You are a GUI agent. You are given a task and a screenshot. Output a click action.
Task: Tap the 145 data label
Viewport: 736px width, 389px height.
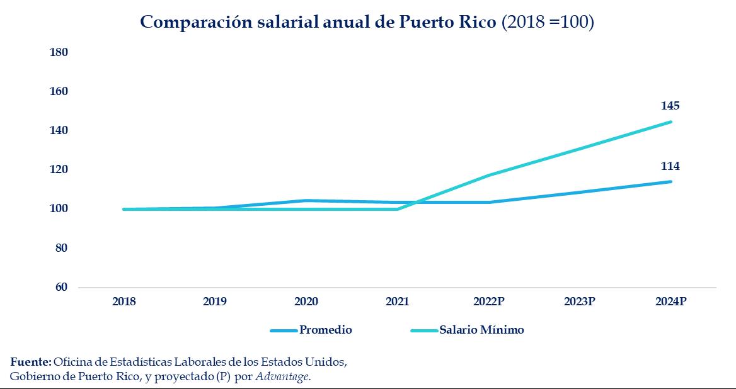pyautogui.click(x=670, y=106)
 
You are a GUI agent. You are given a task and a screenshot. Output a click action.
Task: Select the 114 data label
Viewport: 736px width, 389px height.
pyautogui.click(x=670, y=166)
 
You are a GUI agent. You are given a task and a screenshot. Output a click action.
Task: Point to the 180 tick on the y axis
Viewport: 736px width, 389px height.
pyautogui.click(x=59, y=52)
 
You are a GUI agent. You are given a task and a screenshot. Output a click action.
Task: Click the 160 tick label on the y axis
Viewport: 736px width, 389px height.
pyautogui.click(x=59, y=91)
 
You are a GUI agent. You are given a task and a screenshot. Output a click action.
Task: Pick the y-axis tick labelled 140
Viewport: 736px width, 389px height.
pyautogui.click(x=59, y=130)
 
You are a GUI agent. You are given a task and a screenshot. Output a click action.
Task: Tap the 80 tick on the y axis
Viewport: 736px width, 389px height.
pyautogui.click(x=60, y=248)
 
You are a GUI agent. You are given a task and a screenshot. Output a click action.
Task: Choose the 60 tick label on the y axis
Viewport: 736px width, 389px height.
pyautogui.click(x=60, y=287)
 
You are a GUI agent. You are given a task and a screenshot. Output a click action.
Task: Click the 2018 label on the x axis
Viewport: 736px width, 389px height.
pyautogui.click(x=124, y=302)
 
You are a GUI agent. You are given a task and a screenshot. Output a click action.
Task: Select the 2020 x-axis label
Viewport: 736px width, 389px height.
pyautogui.click(x=306, y=302)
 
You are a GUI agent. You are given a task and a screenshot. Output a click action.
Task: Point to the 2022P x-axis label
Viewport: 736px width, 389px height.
pyautogui.click(x=489, y=302)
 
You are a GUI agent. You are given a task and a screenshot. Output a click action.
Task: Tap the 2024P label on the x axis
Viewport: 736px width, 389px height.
pyautogui.click(x=670, y=302)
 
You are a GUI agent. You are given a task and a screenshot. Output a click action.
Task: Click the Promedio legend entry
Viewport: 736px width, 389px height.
pyautogui.click(x=325, y=330)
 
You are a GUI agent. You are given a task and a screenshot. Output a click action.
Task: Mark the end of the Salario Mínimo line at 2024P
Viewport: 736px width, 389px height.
pyautogui.click(x=670, y=122)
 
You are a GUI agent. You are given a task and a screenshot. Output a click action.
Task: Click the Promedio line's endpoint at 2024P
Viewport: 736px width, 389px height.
pyautogui.click(x=670, y=182)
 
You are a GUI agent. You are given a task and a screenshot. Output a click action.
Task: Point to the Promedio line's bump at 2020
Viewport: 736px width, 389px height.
pyautogui.click(x=306, y=201)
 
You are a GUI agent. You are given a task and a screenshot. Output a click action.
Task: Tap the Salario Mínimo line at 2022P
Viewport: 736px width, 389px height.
pyautogui.click(x=489, y=175)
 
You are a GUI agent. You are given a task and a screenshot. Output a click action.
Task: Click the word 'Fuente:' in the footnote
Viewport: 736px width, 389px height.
pyautogui.click(x=31, y=363)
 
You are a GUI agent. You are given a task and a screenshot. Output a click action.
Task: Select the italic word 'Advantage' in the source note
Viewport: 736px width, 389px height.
pyautogui.click(x=289, y=376)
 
